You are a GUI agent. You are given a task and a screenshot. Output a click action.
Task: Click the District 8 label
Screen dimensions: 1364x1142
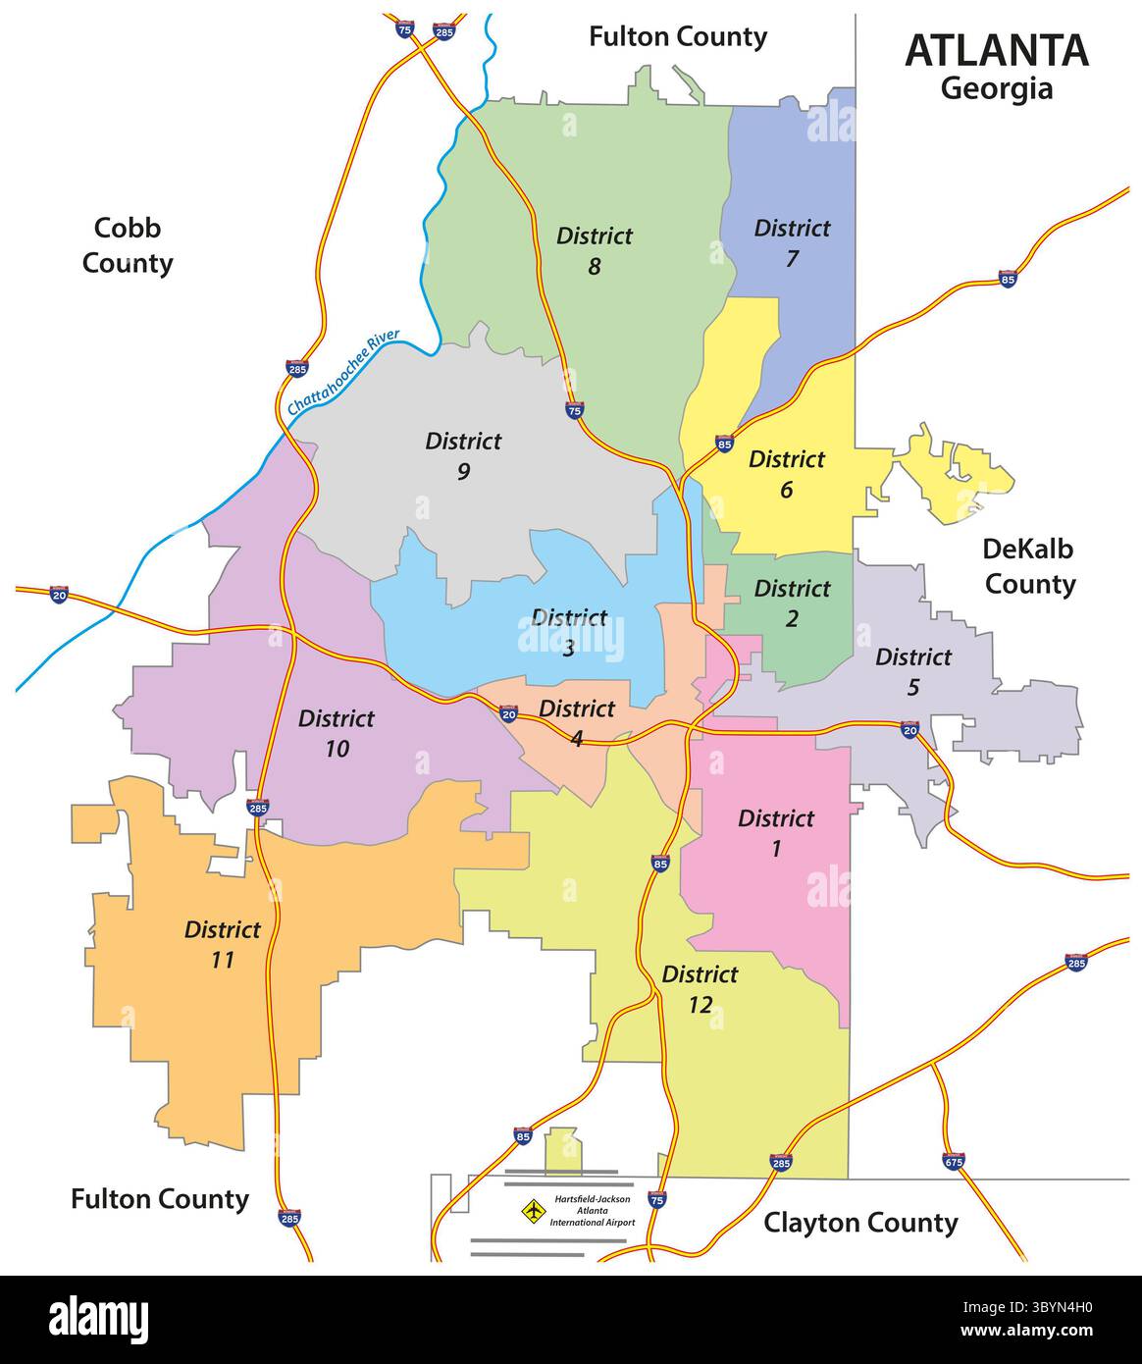pyautogui.click(x=595, y=250)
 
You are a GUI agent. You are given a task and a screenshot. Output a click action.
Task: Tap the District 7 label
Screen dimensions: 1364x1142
pyautogui.click(x=792, y=243)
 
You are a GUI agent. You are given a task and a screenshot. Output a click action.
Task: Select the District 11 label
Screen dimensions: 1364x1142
pyautogui.click(x=223, y=944)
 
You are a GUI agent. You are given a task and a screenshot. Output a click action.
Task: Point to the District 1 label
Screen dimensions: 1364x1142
pyautogui.click(x=775, y=833)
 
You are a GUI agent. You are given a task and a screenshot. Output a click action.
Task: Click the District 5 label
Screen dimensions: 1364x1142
pyautogui.click(x=912, y=671)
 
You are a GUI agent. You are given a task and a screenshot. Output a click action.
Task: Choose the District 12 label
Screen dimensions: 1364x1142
pyautogui.click(x=700, y=989)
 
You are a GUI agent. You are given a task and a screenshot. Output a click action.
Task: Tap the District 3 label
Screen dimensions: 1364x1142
pyautogui.click(x=569, y=632)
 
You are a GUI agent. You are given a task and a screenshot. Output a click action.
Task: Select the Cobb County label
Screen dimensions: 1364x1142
pyautogui.click(x=128, y=245)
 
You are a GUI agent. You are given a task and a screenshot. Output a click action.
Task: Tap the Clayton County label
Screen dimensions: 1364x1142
pyautogui.click(x=860, y=1223)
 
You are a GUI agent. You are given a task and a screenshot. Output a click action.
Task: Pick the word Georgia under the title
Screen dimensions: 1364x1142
pyautogui.click(x=996, y=89)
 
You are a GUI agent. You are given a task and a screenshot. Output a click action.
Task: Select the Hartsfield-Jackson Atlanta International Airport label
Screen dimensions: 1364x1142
pyautogui.click(x=592, y=1210)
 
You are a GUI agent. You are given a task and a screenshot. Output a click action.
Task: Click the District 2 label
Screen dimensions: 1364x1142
pyautogui.click(x=792, y=603)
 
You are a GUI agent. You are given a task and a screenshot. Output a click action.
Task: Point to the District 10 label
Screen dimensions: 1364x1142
pyautogui.click(x=337, y=733)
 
